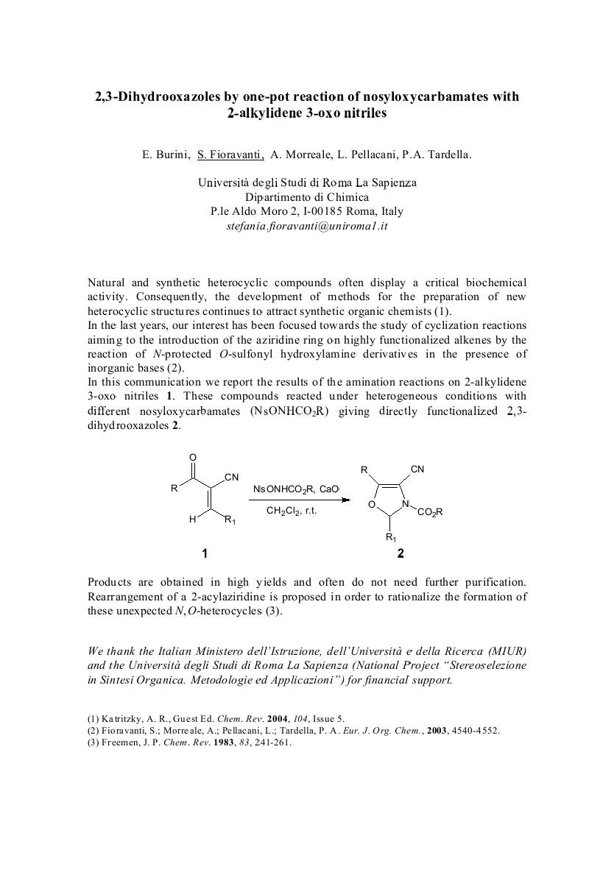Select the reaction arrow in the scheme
point(298,500)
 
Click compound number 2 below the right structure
point(400,553)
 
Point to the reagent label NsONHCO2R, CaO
point(296,489)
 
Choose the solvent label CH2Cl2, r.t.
point(292,511)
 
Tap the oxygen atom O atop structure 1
point(193,456)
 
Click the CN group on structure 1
point(231,478)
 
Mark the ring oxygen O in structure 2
point(372,504)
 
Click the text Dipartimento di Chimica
point(307,197)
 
